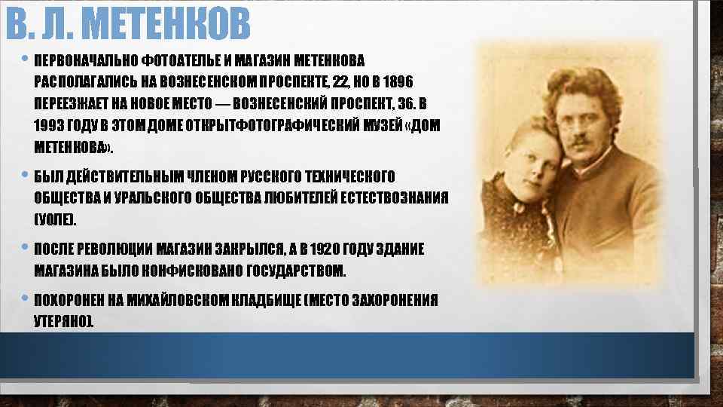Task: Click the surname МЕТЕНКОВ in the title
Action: (165, 24)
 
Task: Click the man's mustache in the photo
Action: (578, 140)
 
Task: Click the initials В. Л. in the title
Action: (38, 24)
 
